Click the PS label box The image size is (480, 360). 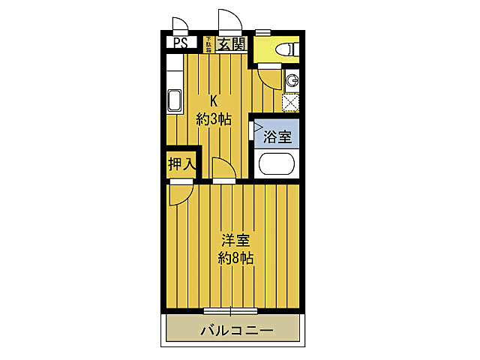(180, 43)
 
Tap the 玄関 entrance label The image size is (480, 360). (232, 43)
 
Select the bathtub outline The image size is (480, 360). (277, 163)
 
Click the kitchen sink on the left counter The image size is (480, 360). (174, 100)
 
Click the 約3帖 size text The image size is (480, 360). (213, 118)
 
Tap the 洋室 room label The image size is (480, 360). (235, 241)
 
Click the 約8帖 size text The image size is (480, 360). (235, 259)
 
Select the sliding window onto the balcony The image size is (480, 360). (231, 309)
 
